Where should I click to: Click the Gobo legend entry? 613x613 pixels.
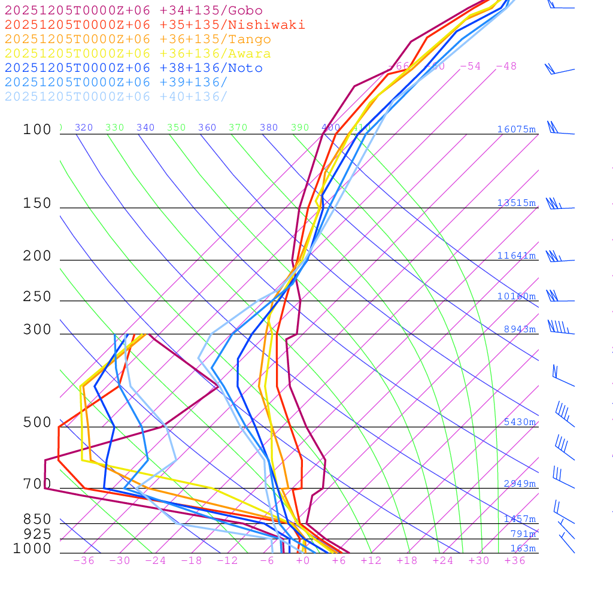point(133,11)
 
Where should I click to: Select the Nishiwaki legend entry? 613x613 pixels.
point(154,25)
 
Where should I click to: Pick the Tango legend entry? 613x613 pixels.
point(138,40)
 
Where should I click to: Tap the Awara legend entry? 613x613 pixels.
point(138,54)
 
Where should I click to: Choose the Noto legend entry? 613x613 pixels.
point(133,68)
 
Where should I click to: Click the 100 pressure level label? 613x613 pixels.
point(37,130)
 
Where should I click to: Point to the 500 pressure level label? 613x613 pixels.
point(37,423)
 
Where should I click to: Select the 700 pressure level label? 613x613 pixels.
point(37,484)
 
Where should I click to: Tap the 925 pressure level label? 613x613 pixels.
point(37,534)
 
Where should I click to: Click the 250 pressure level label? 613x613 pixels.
point(37,297)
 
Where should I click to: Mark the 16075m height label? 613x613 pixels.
point(516,129)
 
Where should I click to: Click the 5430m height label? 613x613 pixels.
point(520,422)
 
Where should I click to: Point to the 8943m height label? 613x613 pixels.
point(520,329)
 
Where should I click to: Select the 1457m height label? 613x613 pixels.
point(520,519)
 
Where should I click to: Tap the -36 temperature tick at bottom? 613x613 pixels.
point(84,561)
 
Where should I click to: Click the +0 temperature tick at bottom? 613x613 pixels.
point(303,561)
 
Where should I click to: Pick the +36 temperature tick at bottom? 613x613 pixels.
point(515,561)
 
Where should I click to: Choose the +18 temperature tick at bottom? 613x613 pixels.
point(407,561)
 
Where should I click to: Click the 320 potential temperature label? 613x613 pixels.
point(84,128)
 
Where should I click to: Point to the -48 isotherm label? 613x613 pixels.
point(506,66)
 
